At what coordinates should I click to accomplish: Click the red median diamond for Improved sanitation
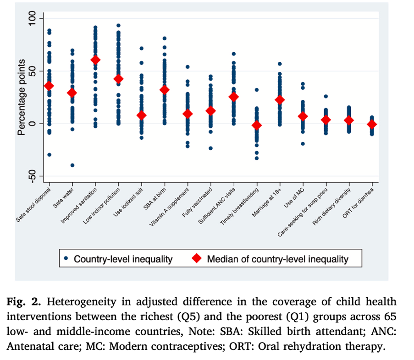95,60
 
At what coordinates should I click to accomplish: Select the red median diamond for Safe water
72,93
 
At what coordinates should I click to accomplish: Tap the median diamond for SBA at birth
165,90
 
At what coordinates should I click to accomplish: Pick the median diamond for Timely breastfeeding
257,125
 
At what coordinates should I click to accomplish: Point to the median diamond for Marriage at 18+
280,100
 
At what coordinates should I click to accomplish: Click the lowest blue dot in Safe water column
72,165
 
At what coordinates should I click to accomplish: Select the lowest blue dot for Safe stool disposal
49,155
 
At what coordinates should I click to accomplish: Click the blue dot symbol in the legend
66,259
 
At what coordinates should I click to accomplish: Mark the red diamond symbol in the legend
197,259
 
